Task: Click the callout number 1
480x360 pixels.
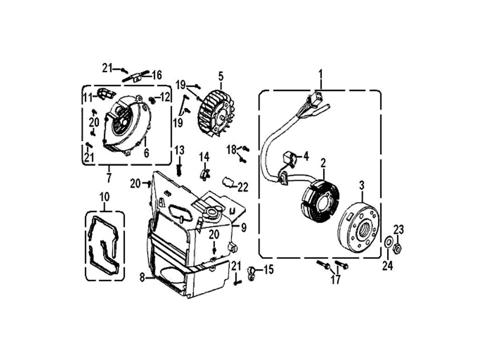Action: point(321,74)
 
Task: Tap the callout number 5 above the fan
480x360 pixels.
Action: point(221,75)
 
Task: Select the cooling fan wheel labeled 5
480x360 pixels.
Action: point(216,109)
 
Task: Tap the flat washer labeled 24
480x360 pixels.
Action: point(389,243)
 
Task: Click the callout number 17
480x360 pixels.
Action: point(336,280)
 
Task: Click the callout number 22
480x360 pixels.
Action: point(242,187)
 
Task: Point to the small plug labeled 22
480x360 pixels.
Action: point(228,181)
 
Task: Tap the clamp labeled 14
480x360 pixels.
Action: point(204,173)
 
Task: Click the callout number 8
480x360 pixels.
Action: point(142,278)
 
